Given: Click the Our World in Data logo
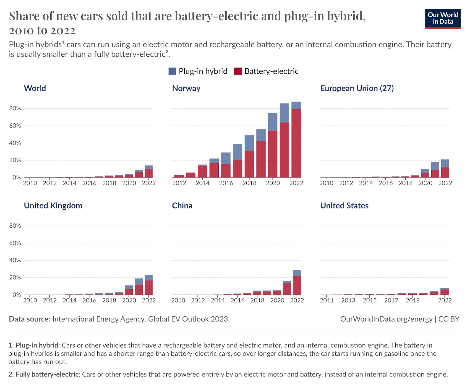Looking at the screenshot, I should [x=443, y=19].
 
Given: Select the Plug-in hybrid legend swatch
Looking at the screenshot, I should [x=172, y=71].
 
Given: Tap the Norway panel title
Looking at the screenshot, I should [x=186, y=88].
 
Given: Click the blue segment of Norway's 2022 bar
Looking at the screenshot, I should [x=296, y=105].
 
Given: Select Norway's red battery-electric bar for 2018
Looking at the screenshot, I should [x=249, y=164].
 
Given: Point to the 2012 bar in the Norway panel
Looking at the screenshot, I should [x=179, y=176].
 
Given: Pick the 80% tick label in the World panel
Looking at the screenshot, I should [x=15, y=108].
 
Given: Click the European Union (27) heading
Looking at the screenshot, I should [x=357, y=88].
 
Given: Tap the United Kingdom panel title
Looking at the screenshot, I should [x=53, y=206].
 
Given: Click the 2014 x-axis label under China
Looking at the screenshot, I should [x=218, y=300].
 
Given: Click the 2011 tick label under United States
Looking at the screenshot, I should [x=327, y=300].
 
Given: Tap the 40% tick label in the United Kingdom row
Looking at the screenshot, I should [x=15, y=260].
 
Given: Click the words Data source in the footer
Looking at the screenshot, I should [x=30, y=319].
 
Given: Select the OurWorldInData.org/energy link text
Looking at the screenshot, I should [x=386, y=319].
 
